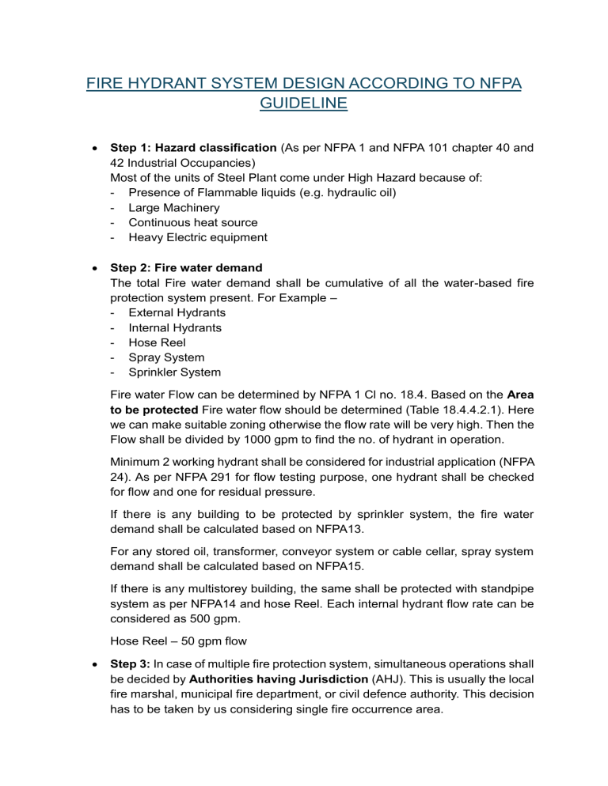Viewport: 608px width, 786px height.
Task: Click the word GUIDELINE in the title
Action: (304, 104)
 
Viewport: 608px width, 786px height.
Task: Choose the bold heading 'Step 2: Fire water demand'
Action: (186, 268)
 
